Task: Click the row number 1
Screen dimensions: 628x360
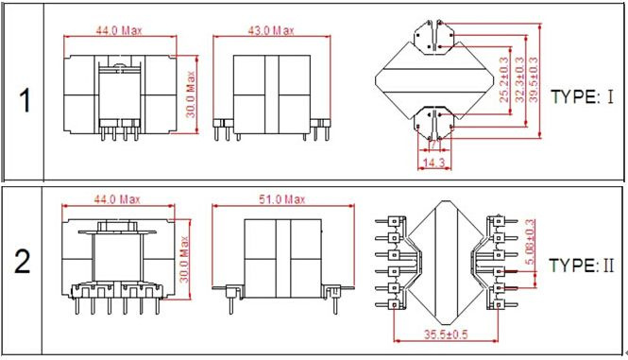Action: point(25,100)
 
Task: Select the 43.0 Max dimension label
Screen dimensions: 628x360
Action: point(271,30)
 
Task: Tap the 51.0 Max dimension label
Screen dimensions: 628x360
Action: point(282,199)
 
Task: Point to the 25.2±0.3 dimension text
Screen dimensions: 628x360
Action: point(504,78)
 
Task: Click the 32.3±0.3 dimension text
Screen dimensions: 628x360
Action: point(519,79)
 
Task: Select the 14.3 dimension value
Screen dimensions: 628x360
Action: point(434,163)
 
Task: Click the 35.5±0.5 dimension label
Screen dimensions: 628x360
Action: point(446,334)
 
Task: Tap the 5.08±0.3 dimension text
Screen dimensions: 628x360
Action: point(530,242)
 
